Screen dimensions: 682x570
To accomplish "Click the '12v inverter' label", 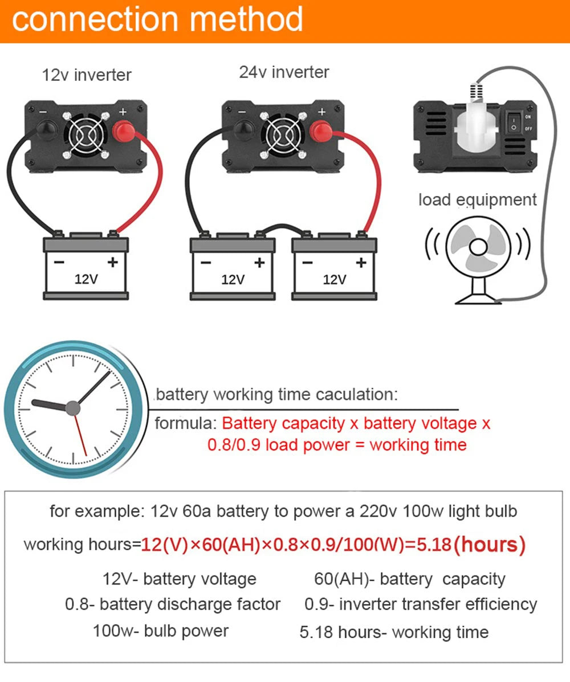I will (87, 75).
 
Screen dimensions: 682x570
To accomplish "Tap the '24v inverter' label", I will (284, 72).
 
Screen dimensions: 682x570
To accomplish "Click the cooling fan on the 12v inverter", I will (85, 134).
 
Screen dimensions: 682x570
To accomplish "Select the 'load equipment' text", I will (477, 200).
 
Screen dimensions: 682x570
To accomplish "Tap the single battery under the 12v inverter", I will (86, 268).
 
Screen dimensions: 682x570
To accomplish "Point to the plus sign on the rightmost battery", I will (360, 262).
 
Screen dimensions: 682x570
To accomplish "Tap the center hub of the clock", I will (72, 407).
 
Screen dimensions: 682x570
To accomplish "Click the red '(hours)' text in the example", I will (489, 545).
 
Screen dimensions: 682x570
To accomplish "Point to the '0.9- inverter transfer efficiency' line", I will (421, 605).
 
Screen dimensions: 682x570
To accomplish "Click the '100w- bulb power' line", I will (161, 631).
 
